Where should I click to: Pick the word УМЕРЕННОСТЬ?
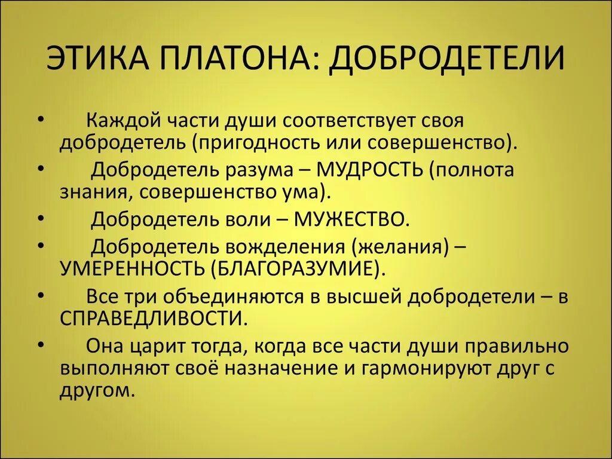[131, 268]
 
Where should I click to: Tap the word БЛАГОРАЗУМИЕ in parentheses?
[294, 268]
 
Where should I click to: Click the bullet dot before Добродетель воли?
[39, 218]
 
